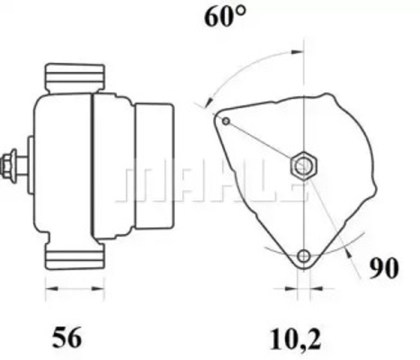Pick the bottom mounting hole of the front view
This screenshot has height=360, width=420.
pos(303,256)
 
